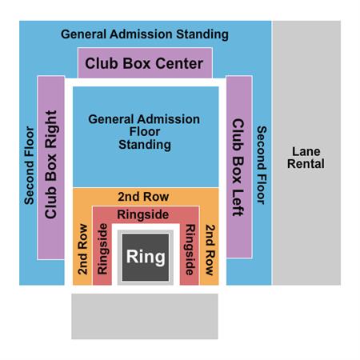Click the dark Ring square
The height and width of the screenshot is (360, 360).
point(146,258)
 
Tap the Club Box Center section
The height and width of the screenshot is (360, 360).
point(145,63)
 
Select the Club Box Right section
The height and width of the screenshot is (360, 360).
point(51,167)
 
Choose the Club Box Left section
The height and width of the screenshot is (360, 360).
point(239,167)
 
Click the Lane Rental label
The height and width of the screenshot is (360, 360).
point(306,158)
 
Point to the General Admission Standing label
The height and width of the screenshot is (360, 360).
point(145,34)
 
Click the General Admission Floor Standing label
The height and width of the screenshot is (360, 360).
point(144,132)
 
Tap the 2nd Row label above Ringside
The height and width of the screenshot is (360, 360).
point(143,197)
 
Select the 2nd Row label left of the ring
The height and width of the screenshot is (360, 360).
point(82,250)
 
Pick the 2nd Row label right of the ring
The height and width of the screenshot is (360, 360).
point(210,250)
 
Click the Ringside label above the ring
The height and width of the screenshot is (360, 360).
point(143,214)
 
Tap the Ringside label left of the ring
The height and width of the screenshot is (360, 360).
point(102,249)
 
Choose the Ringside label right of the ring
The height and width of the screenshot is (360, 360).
point(190,250)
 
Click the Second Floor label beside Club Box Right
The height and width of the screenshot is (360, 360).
point(29,166)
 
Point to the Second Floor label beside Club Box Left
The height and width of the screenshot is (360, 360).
point(262,165)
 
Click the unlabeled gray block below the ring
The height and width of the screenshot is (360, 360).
point(145,316)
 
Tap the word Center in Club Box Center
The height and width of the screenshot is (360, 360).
point(179,63)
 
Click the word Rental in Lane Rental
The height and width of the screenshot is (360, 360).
point(306,164)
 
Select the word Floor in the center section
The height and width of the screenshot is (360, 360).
point(145,132)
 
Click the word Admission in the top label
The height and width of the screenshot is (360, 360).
point(141,34)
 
